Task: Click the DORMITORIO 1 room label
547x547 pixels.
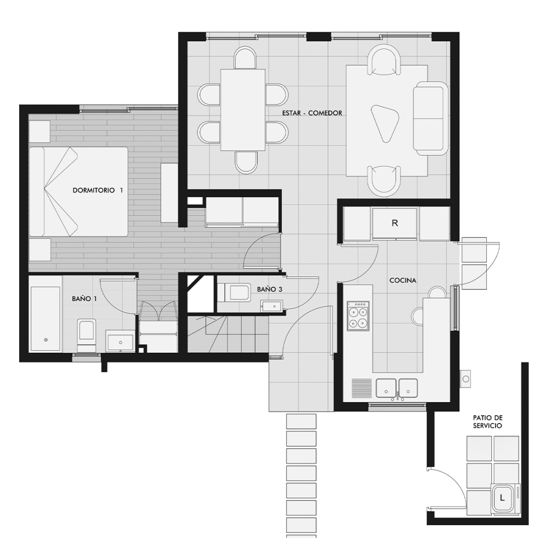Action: click(98, 190)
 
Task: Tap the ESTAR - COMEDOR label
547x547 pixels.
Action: click(312, 113)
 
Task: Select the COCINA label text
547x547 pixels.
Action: click(403, 281)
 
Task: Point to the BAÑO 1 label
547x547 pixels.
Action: click(84, 299)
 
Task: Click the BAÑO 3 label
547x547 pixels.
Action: click(269, 289)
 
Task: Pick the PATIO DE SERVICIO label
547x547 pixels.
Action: click(487, 422)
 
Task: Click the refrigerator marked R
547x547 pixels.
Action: click(394, 224)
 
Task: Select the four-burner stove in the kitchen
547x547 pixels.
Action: click(358, 316)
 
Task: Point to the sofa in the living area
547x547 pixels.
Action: click(430, 119)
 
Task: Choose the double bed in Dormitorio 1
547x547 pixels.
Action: click(78, 192)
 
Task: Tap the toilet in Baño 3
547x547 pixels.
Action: click(234, 292)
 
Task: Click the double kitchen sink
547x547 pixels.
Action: click(397, 388)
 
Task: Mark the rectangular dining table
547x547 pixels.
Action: click(243, 110)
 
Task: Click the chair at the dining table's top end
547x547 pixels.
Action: click(245, 58)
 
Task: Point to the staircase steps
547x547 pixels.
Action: click(228, 334)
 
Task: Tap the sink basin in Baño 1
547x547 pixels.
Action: click(120, 342)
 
